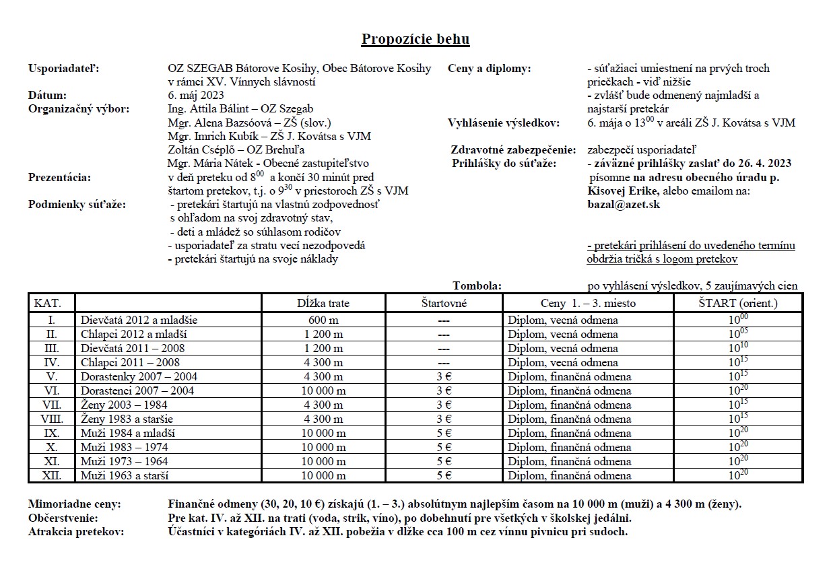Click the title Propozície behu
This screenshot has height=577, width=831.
tap(415, 39)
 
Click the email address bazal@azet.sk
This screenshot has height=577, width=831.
tap(623, 204)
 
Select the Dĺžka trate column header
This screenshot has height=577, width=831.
tap(323, 303)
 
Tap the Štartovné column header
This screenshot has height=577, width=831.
tap(443, 303)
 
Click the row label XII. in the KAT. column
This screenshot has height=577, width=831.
tap(52, 476)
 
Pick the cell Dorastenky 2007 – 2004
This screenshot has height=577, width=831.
tap(139, 377)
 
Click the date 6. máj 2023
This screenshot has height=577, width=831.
tap(196, 96)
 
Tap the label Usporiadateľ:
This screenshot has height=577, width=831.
tap(64, 69)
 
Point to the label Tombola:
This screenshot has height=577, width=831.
tap(477, 286)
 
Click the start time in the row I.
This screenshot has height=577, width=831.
tap(738, 320)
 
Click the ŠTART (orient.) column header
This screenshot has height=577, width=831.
tap(738, 303)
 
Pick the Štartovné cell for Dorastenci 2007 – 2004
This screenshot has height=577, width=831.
tap(443, 391)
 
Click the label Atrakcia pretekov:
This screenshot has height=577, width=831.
tap(76, 532)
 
